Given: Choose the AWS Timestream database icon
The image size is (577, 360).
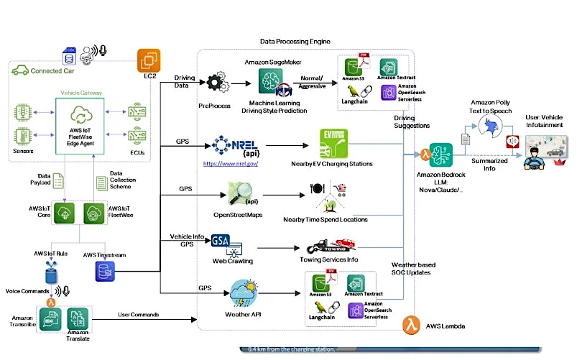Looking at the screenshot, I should [x=102, y=271].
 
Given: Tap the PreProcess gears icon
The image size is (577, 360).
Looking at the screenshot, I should [x=216, y=84].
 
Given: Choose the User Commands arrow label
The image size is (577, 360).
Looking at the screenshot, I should [x=140, y=315].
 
